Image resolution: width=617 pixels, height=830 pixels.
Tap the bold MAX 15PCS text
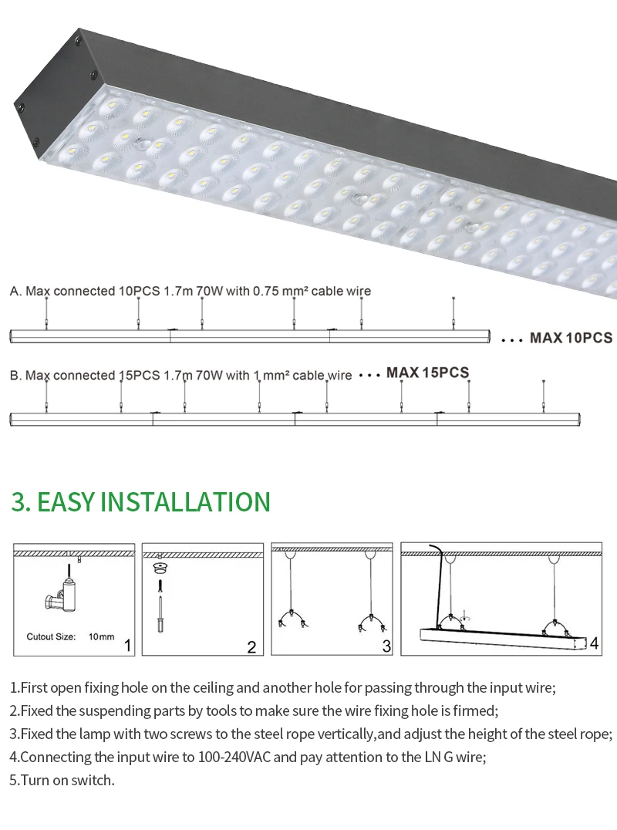pyautogui.click(x=427, y=373)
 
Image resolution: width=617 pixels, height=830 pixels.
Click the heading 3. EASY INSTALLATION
pyautogui.click(x=141, y=502)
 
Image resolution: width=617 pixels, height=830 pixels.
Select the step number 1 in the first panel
pyautogui.click(x=127, y=646)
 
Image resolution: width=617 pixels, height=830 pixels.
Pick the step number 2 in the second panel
pyautogui.click(x=252, y=647)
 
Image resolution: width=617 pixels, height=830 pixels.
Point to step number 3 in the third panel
pyautogui.click(x=387, y=646)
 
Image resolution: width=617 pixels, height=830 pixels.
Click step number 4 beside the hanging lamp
pyautogui.click(x=594, y=643)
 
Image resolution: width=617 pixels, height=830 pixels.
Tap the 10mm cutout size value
pyautogui.click(x=102, y=637)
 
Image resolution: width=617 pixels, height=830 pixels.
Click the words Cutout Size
pyautogui.click(x=52, y=637)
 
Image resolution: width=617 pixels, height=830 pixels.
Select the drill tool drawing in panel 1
pyautogui.click(x=62, y=594)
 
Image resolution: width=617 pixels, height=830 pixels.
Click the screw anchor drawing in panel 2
pyautogui.click(x=160, y=598)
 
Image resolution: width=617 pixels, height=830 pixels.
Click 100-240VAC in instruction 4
pyautogui.click(x=234, y=757)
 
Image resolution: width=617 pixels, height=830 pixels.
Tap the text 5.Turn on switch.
pyautogui.click(x=62, y=780)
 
